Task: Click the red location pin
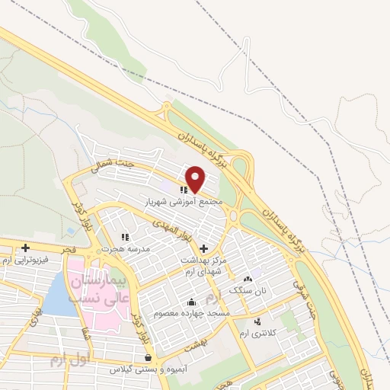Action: coord(196,179)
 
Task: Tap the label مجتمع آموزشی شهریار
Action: coord(186,202)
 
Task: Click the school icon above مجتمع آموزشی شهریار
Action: coord(184,190)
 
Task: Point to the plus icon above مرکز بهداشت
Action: coord(203,248)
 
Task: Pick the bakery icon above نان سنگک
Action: coord(248,280)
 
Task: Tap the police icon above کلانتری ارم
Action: coord(257,321)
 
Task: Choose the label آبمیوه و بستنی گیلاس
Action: coord(145,369)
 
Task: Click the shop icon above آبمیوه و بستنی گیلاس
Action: coord(147,357)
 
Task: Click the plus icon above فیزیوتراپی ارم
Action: coord(26,248)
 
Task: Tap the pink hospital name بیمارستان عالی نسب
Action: coord(97,289)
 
